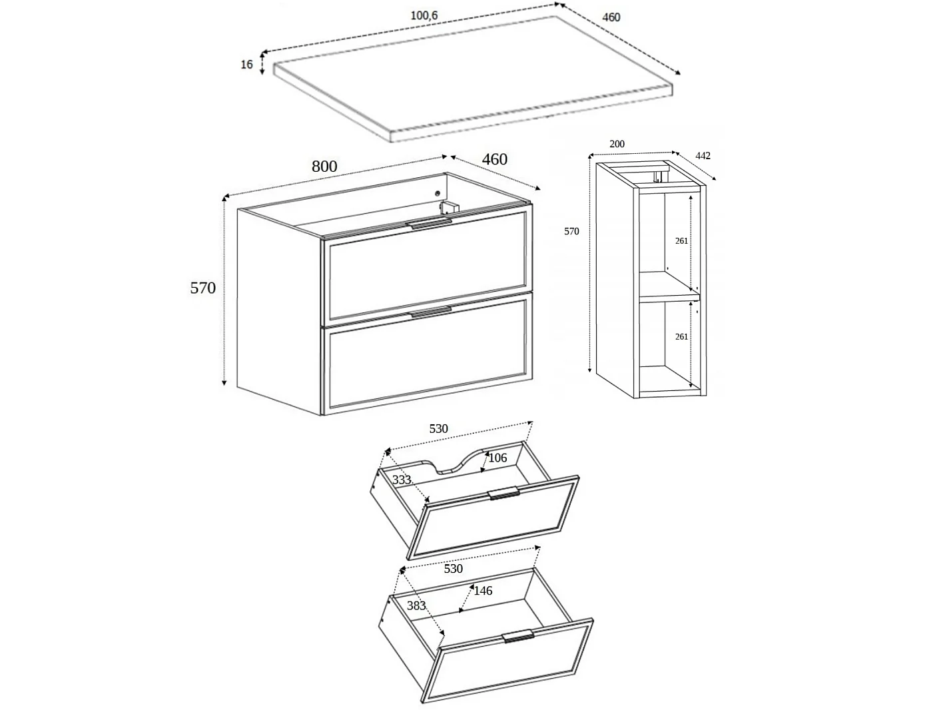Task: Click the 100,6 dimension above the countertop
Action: [x=424, y=15]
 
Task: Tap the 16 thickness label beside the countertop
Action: [x=246, y=64]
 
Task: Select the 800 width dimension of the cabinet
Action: [x=324, y=166]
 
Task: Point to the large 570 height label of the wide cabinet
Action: [x=202, y=288]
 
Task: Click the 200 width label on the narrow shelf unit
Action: [x=617, y=144]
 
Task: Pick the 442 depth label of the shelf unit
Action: [x=703, y=156]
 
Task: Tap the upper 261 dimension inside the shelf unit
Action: [x=682, y=241]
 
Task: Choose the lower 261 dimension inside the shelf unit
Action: [x=682, y=336]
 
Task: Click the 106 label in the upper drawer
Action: [x=497, y=458]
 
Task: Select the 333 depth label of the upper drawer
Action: [x=401, y=480]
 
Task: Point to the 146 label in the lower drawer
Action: [x=483, y=591]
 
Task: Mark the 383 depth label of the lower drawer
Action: [x=416, y=605]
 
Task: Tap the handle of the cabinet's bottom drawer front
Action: [x=431, y=312]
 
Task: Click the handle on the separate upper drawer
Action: [x=504, y=493]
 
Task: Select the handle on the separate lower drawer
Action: [x=518, y=636]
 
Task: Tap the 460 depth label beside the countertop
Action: [x=611, y=17]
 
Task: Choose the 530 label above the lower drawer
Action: [x=453, y=569]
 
